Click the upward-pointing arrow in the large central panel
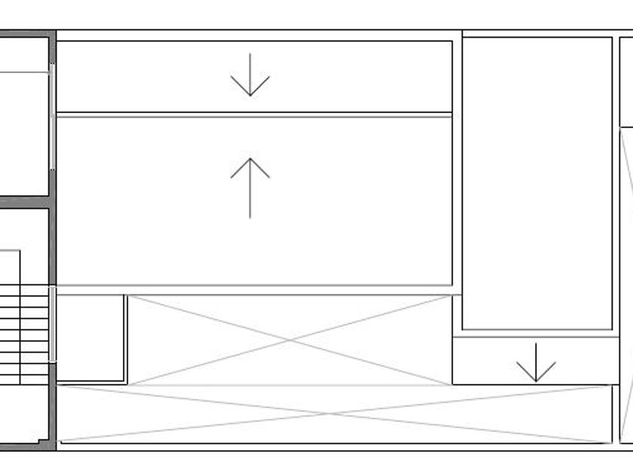point(250,188)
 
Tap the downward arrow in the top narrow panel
point(250,75)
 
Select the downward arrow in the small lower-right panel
point(536,363)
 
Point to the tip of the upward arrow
point(250,159)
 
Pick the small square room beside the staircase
point(90,337)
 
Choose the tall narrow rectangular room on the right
point(537,182)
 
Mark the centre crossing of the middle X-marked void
point(290,340)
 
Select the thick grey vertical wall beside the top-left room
point(52,113)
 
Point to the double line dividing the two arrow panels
point(255,115)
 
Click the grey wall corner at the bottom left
point(51,445)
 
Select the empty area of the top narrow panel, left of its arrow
point(136,76)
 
